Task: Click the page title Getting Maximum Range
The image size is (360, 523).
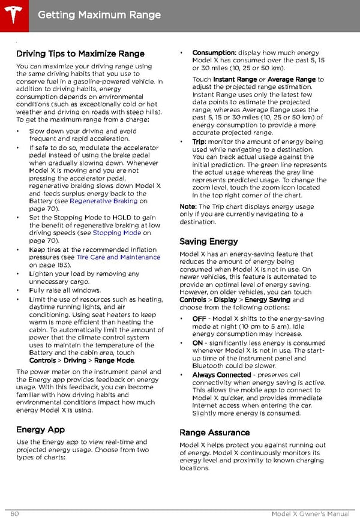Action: pos(99,15)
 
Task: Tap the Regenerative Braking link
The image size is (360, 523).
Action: pos(104,202)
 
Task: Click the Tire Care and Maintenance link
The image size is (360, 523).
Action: pos(118,257)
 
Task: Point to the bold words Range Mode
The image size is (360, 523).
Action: pos(114,360)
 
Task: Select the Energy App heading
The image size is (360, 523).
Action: pos(40,429)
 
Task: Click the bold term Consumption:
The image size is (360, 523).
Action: pos(214,53)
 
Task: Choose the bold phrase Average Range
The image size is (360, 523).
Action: pos(291,79)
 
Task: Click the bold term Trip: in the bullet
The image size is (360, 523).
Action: pos(199,142)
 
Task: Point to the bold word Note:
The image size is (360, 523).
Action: pos(188,207)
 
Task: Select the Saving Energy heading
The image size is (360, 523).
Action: pos(208,242)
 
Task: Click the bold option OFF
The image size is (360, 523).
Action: pos(199,318)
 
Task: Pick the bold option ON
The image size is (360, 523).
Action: pos(197,343)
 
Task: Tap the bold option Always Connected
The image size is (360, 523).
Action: pos(221,375)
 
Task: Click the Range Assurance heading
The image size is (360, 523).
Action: pos(214,432)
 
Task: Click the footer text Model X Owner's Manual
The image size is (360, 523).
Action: pos(310,515)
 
